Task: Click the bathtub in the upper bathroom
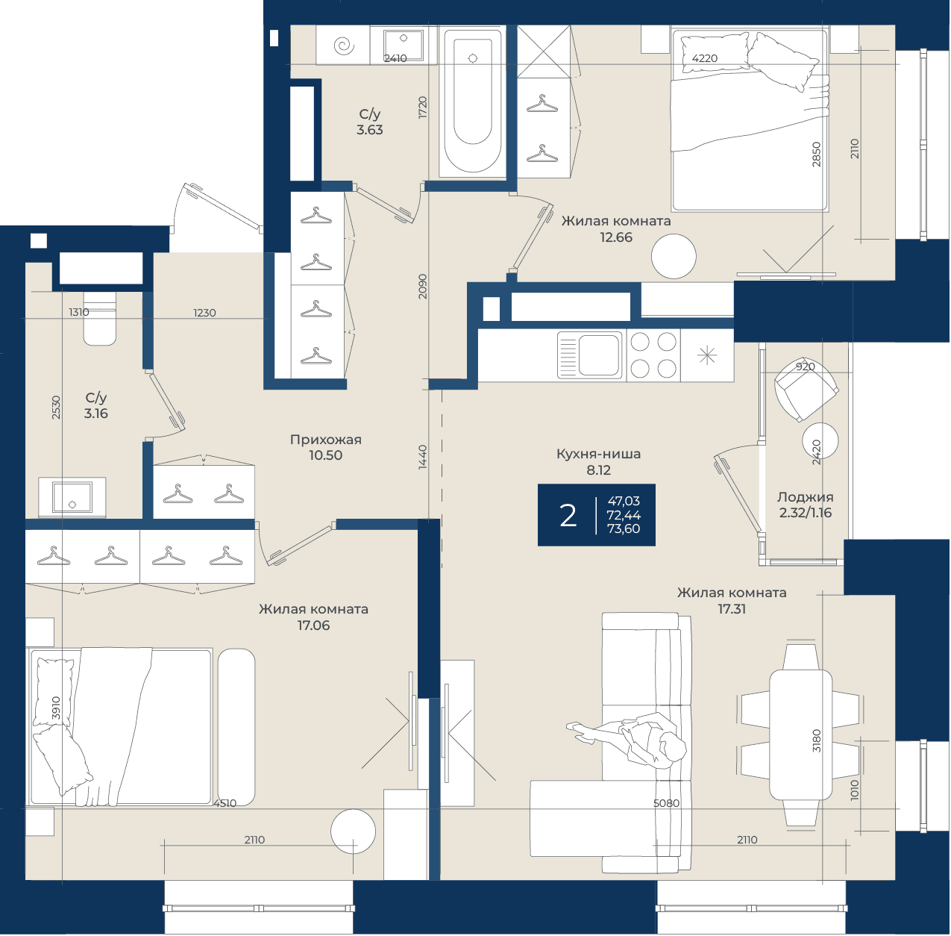[472, 102]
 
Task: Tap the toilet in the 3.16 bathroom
[100, 318]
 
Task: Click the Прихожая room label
[326, 440]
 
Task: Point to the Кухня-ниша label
[598, 454]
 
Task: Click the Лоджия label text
[805, 497]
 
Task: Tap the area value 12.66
[616, 237]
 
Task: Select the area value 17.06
[313, 625]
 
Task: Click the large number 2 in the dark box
[568, 516]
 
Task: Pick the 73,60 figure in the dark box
[624, 528]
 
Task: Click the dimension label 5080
[666, 804]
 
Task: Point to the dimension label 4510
[225, 804]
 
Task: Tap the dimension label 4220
[705, 58]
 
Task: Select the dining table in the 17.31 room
[800, 734]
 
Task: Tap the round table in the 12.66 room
[673, 257]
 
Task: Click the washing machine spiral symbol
[344, 46]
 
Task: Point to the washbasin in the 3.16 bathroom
[72, 497]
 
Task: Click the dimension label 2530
[56, 408]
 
